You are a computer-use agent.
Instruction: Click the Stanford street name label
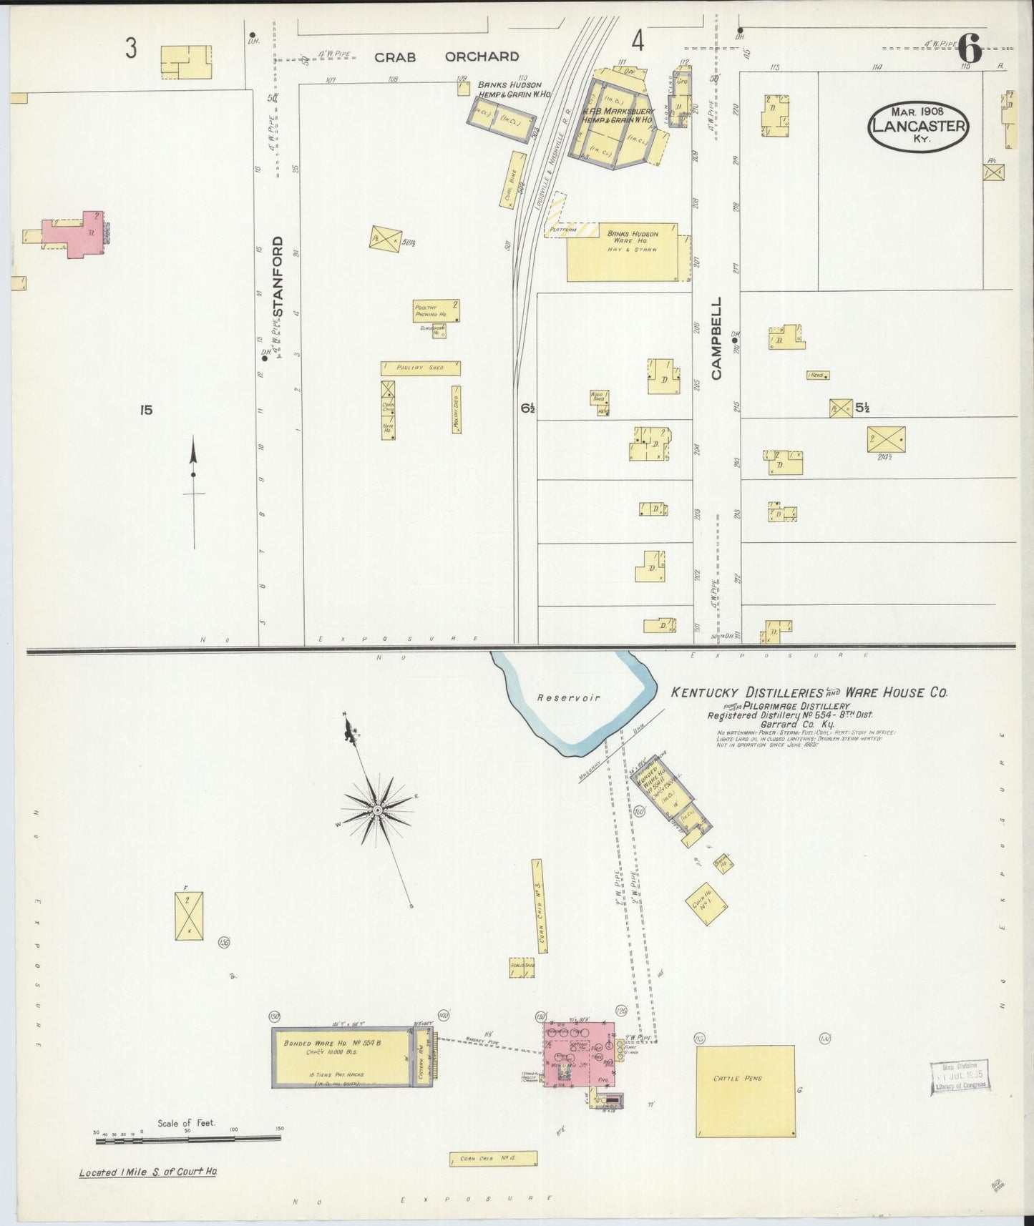[x=278, y=277]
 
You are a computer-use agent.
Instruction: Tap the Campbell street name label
[x=716, y=338]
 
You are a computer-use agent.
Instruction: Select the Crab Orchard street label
[x=447, y=57]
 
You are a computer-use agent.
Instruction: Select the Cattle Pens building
[x=745, y=1091]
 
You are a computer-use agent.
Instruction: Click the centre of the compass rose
[x=377, y=810]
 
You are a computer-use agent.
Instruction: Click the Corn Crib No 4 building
[x=492, y=1159]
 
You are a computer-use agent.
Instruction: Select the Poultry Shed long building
[x=420, y=368]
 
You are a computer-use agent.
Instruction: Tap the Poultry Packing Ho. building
[x=435, y=310]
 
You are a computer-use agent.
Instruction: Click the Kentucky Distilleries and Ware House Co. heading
[x=809, y=692]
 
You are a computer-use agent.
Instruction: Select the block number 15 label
[x=146, y=410]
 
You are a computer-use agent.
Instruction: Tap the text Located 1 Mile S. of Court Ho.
[x=148, y=1172]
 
